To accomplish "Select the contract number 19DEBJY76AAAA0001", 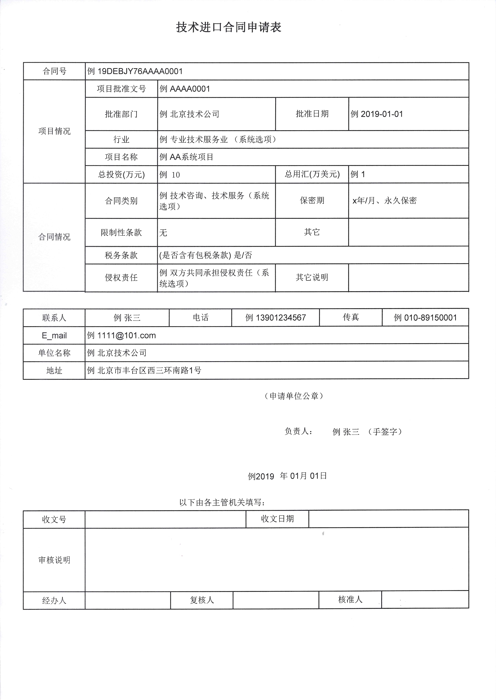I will (x=140, y=71).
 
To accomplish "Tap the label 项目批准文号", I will (x=121, y=89).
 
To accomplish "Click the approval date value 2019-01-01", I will (x=382, y=114).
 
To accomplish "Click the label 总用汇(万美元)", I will (x=312, y=174).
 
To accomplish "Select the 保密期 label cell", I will (x=312, y=200).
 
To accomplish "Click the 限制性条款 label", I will (x=121, y=232).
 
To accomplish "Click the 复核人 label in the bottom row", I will (x=202, y=600).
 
